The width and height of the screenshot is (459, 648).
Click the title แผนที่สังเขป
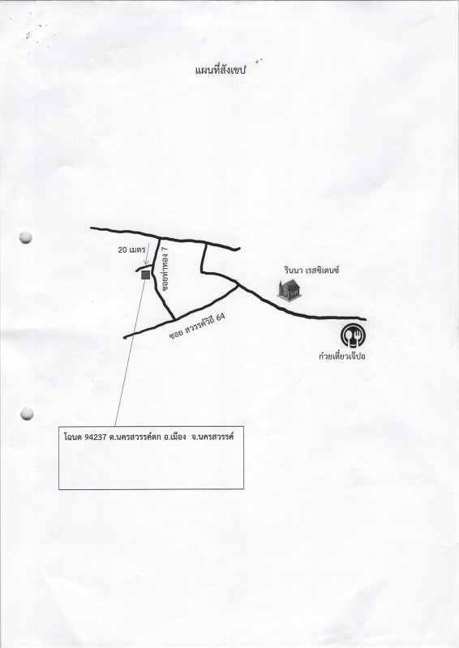221,70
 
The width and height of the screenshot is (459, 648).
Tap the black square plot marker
145,275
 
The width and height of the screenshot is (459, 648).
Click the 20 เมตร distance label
131,249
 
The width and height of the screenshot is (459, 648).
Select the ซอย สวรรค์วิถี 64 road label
197,326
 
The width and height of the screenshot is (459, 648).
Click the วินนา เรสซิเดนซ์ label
311,271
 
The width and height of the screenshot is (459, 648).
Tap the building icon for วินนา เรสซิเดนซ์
290,289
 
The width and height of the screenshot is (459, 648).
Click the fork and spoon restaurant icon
353,336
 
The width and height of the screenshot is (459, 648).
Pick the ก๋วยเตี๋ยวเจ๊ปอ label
342,356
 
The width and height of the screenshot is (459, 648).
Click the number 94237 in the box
96,437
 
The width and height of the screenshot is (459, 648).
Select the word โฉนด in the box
73,437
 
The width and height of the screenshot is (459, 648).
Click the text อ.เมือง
174,437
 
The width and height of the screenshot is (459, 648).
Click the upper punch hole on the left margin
26,237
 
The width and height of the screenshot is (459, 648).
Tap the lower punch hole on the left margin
27,414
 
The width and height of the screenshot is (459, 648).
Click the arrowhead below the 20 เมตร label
145,262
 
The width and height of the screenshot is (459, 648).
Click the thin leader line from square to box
130,352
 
